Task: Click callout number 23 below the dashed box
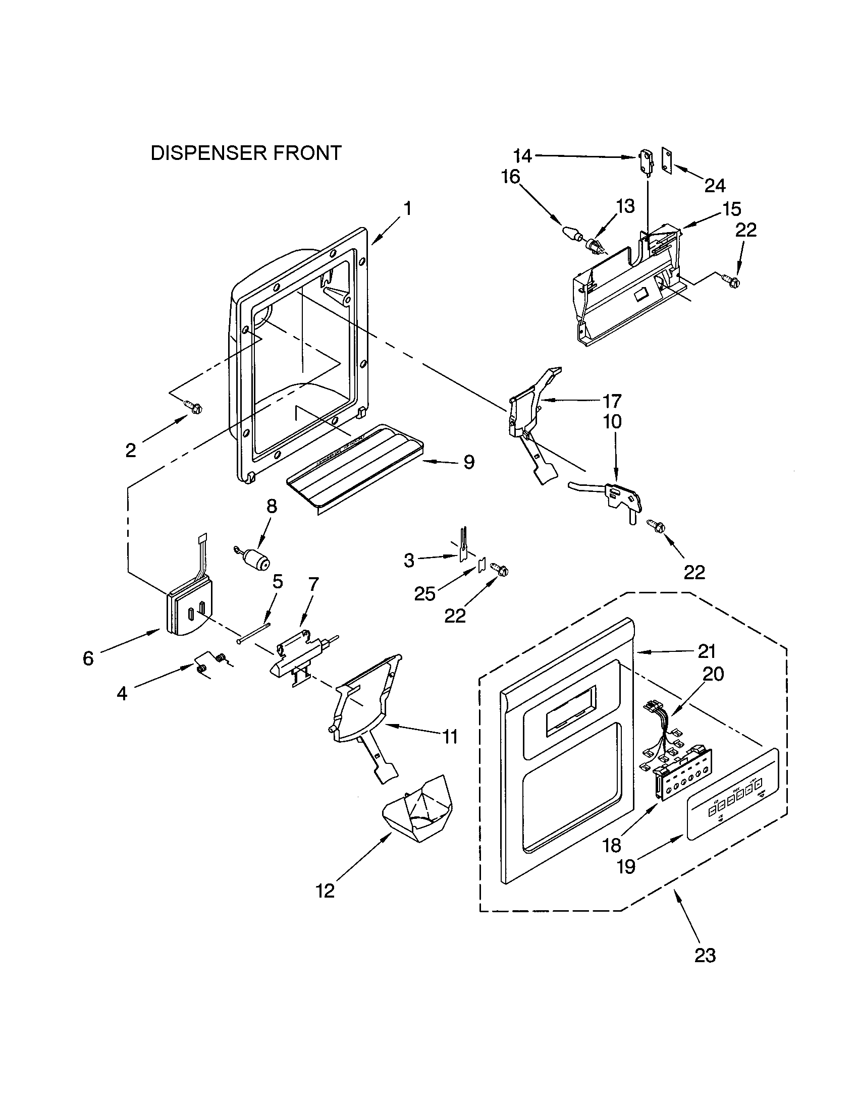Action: pos(705,955)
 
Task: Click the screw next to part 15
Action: pos(732,279)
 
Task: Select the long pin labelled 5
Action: pos(254,632)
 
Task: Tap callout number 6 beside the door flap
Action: pos(88,658)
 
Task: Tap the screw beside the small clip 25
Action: pos(501,572)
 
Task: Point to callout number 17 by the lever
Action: pos(612,401)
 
